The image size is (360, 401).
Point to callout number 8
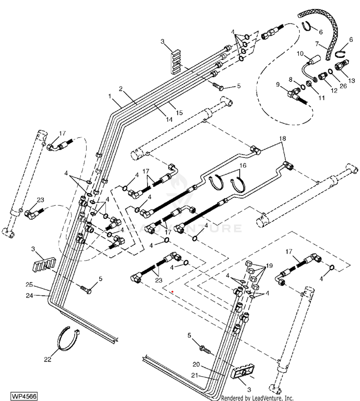click(x=291, y=79)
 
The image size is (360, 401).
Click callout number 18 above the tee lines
click(x=282, y=139)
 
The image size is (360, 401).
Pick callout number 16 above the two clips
click(x=242, y=166)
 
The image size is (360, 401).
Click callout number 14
click(x=169, y=119)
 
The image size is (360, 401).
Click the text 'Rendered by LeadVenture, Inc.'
click(x=257, y=398)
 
